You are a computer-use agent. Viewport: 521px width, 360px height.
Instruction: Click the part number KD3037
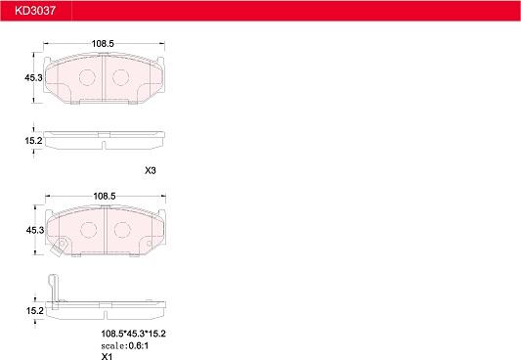click(35, 11)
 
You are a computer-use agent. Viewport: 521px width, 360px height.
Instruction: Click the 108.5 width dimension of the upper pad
click(103, 44)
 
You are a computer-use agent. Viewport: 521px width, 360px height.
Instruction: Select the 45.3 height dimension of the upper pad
click(33, 78)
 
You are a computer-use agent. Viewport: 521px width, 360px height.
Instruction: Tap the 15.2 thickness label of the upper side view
click(33, 141)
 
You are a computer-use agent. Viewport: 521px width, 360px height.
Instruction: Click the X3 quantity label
click(151, 170)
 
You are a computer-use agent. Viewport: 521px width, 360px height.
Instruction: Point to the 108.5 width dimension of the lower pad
click(105, 196)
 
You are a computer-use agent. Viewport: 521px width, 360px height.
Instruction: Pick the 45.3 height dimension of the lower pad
click(35, 230)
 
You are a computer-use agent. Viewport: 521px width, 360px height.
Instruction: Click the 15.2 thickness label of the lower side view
click(35, 311)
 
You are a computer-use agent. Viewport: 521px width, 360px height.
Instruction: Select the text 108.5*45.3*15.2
click(133, 334)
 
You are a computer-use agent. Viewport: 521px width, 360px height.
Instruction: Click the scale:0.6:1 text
click(125, 345)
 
